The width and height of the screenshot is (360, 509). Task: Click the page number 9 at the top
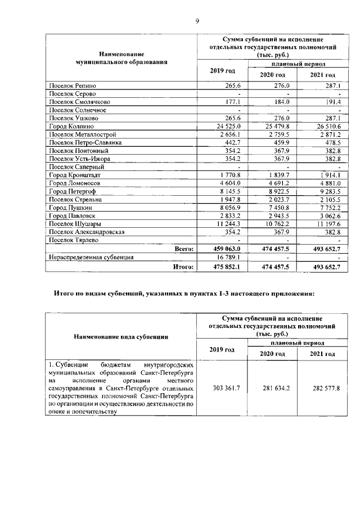(x=197, y=21)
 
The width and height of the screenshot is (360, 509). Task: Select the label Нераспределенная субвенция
(x=91, y=257)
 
